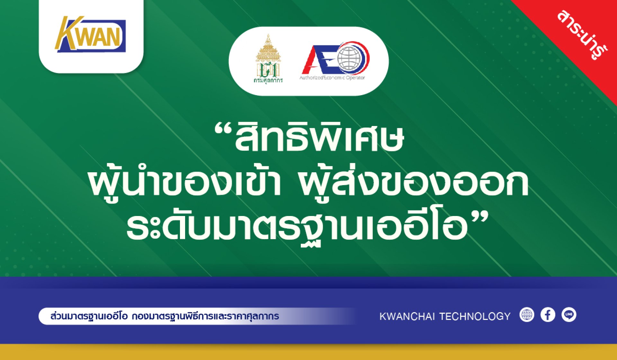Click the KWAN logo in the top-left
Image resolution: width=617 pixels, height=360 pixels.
(x=90, y=34)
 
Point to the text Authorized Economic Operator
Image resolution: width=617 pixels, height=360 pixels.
(x=332, y=78)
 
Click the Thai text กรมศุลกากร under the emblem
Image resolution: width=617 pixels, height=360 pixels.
(x=268, y=80)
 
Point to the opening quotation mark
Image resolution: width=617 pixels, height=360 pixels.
(x=223, y=130)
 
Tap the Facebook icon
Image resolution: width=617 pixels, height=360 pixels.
(x=548, y=315)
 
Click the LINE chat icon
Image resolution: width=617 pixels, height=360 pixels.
(x=569, y=315)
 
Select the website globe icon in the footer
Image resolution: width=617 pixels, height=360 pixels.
(x=527, y=315)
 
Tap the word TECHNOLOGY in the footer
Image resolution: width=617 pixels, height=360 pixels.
(x=475, y=316)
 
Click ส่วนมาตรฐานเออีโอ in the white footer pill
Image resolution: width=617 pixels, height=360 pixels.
(x=89, y=316)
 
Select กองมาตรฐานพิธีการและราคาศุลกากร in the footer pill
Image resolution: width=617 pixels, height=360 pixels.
(x=205, y=316)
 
